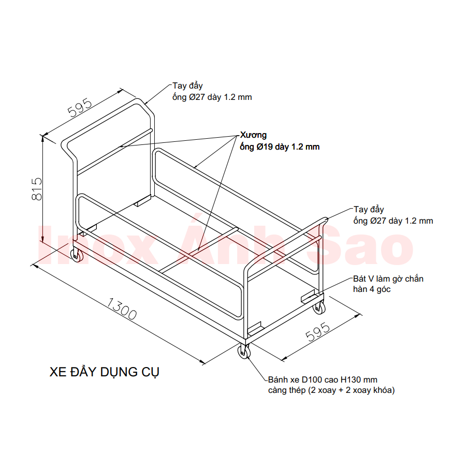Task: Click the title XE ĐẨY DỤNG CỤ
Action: (x=104, y=372)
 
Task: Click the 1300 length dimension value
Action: (x=122, y=309)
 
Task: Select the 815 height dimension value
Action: (x=37, y=189)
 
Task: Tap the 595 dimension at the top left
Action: (x=79, y=108)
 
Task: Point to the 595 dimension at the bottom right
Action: (x=318, y=332)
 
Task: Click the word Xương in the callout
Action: (x=253, y=135)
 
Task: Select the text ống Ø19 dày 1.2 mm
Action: (x=280, y=147)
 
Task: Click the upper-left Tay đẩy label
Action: (x=187, y=86)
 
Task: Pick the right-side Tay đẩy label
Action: (x=369, y=209)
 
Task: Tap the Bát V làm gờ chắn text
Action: (x=388, y=279)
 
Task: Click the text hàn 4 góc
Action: (x=372, y=289)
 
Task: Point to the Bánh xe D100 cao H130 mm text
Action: (x=323, y=379)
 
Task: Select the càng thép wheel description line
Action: (x=331, y=390)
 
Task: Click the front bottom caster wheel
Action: (x=244, y=351)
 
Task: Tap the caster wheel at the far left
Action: (x=77, y=255)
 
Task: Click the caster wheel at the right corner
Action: (x=318, y=306)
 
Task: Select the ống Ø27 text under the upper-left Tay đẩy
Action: (x=212, y=97)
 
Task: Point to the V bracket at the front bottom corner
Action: (x=255, y=328)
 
